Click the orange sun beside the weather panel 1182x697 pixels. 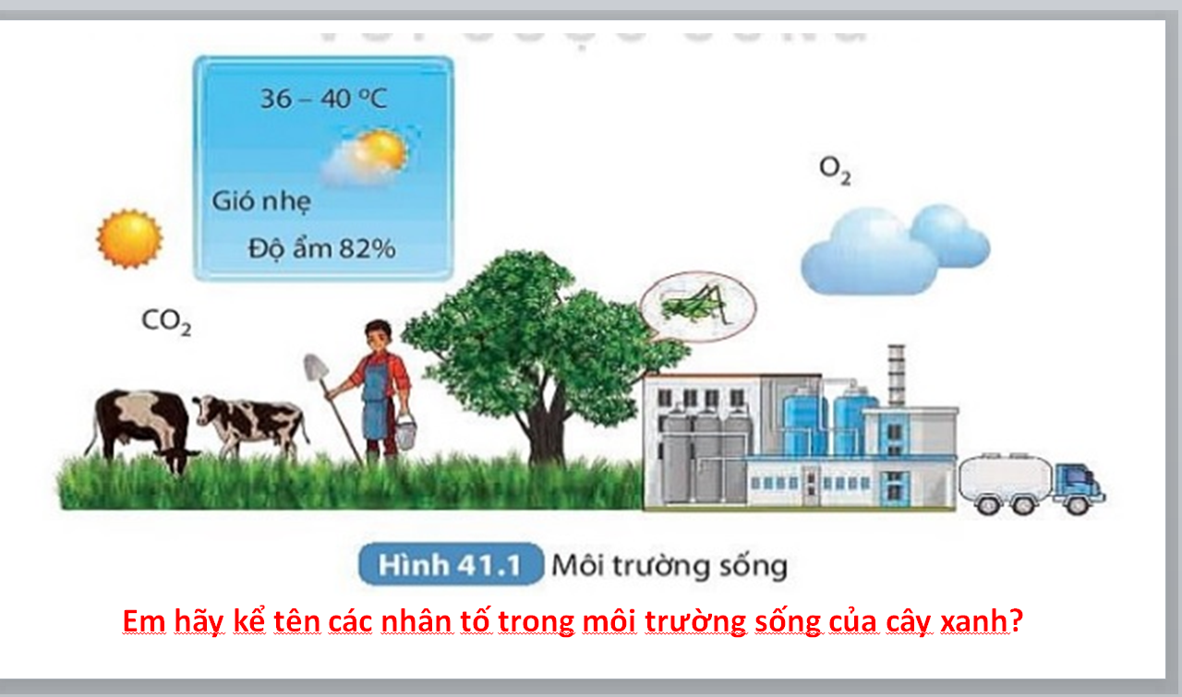tap(129, 238)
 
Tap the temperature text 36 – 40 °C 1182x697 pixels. tap(323, 99)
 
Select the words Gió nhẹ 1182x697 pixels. tap(261, 201)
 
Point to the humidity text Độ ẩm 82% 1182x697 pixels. tap(321, 248)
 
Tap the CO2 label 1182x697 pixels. tap(166, 321)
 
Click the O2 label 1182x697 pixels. tap(835, 171)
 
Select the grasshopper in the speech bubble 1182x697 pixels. tap(697, 304)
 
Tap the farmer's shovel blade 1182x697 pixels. tap(316, 367)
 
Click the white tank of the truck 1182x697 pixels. tap(1006, 475)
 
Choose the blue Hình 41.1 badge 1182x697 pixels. tap(451, 564)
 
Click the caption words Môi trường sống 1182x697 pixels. tap(669, 565)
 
